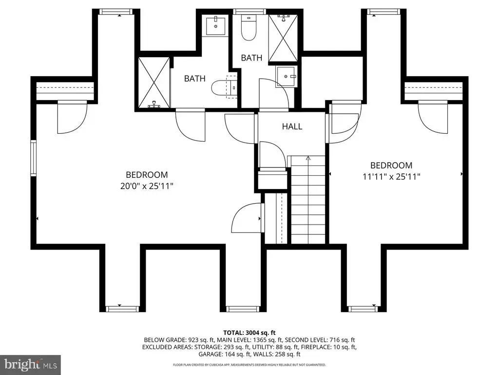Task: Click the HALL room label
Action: click(x=292, y=126)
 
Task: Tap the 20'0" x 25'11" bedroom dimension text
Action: click(x=147, y=186)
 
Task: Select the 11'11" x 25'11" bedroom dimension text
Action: click(x=391, y=177)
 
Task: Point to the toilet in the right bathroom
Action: click(x=249, y=27)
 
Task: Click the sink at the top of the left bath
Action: click(x=215, y=26)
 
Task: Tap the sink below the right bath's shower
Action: click(x=286, y=77)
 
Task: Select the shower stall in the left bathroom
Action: click(x=154, y=83)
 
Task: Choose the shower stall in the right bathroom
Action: click(x=283, y=38)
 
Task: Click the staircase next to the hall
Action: click(x=308, y=200)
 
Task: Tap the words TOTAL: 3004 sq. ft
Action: click(x=249, y=333)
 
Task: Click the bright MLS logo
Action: click(x=31, y=363)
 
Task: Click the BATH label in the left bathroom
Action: click(x=195, y=79)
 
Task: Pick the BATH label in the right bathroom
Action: click(x=251, y=58)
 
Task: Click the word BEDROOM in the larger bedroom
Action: click(x=147, y=175)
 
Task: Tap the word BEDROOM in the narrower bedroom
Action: click(x=391, y=166)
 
